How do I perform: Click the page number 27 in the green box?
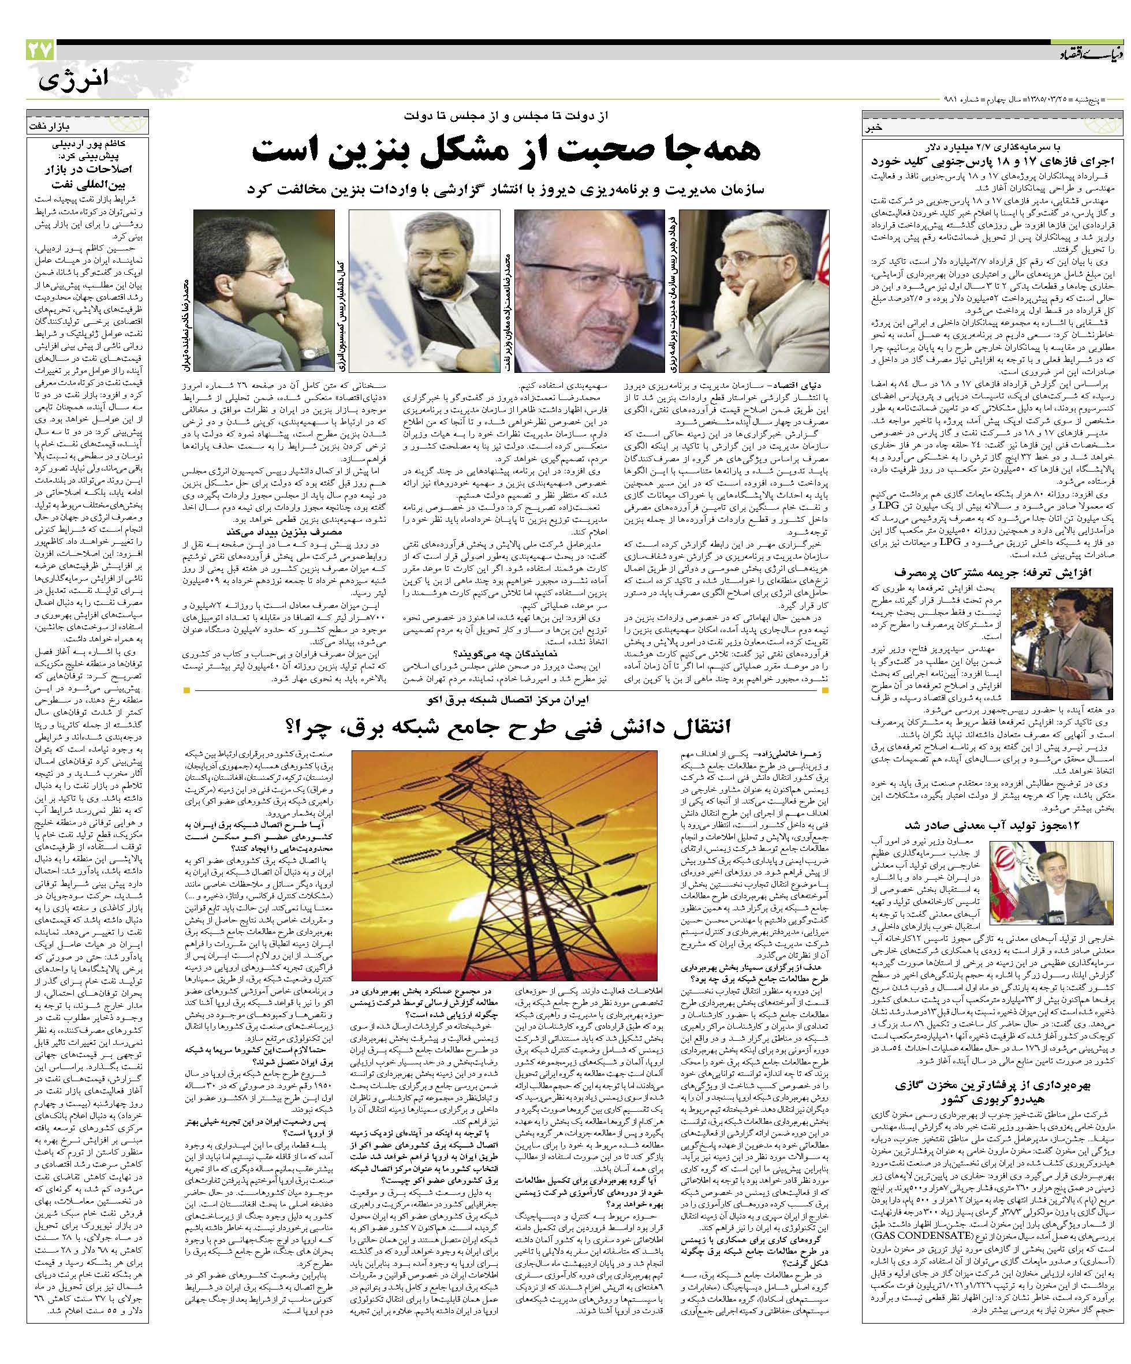pyautogui.click(x=40, y=50)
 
